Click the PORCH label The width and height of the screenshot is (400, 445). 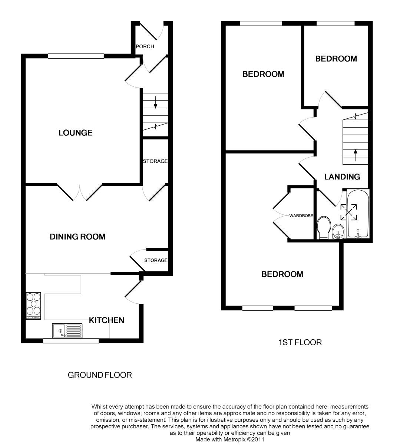pos(145,46)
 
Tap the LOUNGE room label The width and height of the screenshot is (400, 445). pos(75,133)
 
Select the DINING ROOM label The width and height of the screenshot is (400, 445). pos(77,237)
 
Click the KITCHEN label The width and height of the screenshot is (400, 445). pos(106,320)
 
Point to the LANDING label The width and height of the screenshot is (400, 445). pos(342,177)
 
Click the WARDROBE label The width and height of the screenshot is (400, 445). pos(301,215)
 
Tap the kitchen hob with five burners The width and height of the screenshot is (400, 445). pos(33,306)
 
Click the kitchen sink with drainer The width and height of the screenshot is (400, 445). pos(67,330)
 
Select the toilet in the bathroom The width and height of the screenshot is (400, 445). pos(324,228)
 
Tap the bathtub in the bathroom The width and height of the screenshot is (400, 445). pos(358,214)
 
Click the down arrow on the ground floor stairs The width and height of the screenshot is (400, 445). pos(156,102)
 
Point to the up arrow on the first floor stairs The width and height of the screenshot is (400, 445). pos(356,155)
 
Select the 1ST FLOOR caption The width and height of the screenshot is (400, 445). pos(300,343)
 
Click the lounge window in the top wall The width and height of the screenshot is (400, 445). pos(76,56)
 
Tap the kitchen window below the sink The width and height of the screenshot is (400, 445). pos(71,341)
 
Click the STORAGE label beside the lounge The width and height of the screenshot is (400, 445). pos(155,161)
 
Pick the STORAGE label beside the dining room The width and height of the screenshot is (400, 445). pos(156,260)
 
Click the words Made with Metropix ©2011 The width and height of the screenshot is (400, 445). pos(230,439)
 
